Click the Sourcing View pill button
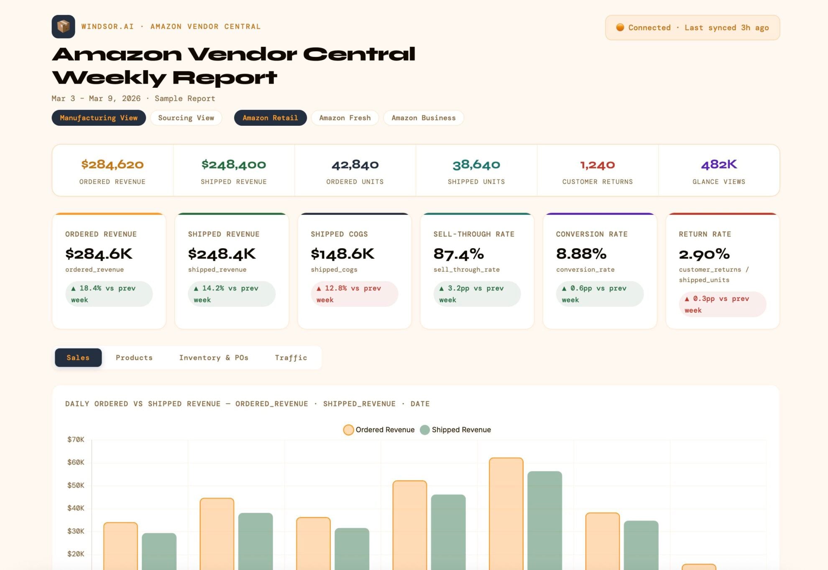186,118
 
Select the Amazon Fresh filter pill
345,118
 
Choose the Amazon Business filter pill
423,118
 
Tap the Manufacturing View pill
99,118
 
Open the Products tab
134,358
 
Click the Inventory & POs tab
214,358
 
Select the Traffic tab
291,358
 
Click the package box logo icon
63,27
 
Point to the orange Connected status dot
620,28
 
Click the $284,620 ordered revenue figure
112,165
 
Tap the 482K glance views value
719,165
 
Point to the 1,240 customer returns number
598,165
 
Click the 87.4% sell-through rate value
459,254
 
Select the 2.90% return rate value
704,254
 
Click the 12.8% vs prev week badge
354,294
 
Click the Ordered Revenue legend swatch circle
348,430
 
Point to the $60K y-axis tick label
76,462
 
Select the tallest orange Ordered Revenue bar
506,514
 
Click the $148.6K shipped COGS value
342,254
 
